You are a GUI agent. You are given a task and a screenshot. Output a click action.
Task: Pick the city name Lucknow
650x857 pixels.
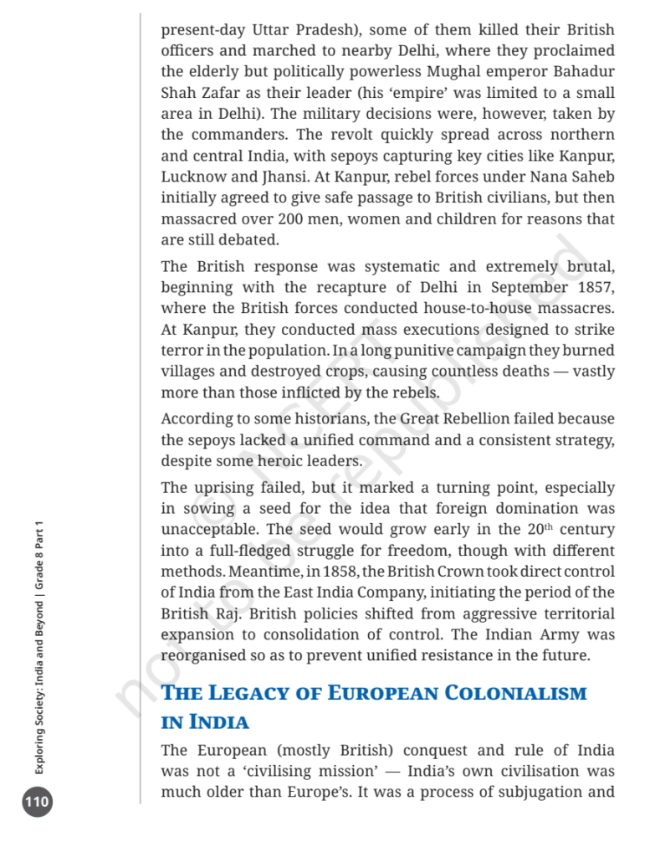(x=193, y=177)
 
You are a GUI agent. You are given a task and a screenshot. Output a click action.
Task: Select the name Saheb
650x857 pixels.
(x=591, y=177)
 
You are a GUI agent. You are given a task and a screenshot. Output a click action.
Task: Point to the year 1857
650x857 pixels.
(x=596, y=287)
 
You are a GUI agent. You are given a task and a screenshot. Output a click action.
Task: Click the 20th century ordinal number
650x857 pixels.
(x=539, y=529)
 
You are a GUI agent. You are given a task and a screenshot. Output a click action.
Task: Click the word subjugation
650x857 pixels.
(x=542, y=792)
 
